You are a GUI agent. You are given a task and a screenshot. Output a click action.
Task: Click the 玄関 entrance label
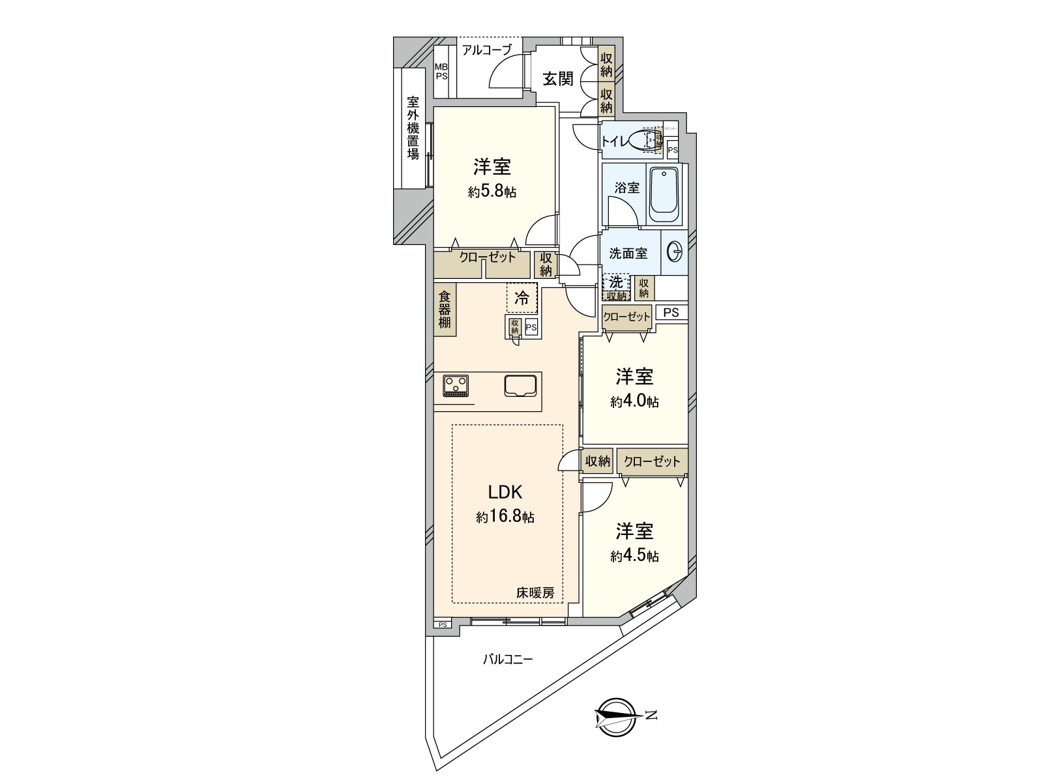[x=559, y=80]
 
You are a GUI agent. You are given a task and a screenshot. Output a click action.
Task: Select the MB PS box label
[x=442, y=71]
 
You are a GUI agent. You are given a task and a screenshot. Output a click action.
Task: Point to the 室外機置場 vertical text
[x=413, y=128]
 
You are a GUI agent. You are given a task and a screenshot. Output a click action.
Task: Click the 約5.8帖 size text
[x=492, y=192]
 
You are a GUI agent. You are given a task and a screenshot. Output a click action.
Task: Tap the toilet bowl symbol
[x=651, y=141]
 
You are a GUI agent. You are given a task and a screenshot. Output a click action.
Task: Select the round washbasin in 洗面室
[x=675, y=251]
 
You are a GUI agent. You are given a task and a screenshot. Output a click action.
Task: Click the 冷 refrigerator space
[x=522, y=298]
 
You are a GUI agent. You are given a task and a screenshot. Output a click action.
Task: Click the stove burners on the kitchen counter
[x=456, y=386]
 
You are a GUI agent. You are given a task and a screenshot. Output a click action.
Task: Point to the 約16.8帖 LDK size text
[x=505, y=517]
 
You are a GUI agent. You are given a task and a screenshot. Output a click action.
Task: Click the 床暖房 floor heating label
[x=535, y=593]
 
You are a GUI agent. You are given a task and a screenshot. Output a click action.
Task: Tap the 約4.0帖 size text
[x=634, y=401]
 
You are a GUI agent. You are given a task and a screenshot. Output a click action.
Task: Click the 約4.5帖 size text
[x=634, y=556]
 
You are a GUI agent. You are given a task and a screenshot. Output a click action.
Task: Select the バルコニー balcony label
[x=508, y=659]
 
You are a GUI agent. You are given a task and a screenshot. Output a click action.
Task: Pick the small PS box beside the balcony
[x=443, y=624]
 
